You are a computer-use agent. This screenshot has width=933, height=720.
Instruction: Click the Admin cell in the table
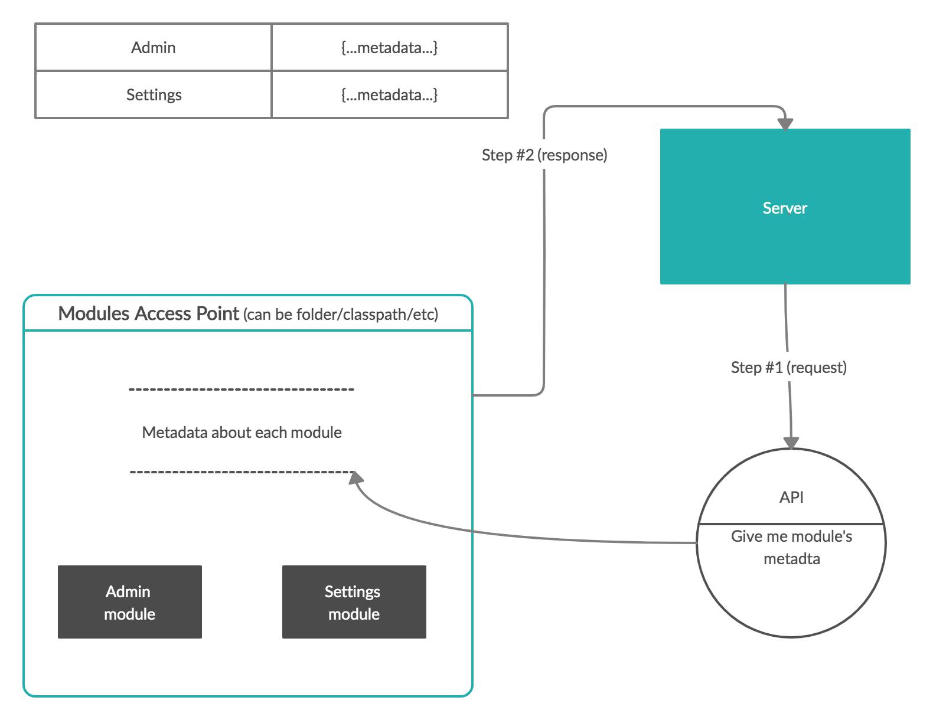pyautogui.click(x=154, y=48)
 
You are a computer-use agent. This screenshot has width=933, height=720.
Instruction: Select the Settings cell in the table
pyautogui.click(x=154, y=95)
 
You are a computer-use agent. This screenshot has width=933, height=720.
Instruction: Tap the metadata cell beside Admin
pyautogui.click(x=389, y=48)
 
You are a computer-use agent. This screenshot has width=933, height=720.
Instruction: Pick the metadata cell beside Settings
pyautogui.click(x=389, y=95)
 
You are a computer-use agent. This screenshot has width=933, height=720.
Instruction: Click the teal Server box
pyautogui.click(x=785, y=207)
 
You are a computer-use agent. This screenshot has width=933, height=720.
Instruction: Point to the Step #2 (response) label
pyautogui.click(x=544, y=155)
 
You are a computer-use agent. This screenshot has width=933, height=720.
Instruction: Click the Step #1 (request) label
pyautogui.click(x=789, y=368)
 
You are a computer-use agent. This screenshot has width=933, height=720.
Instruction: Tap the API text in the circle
pyautogui.click(x=791, y=498)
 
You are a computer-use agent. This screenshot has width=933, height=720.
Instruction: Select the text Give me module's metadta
pyautogui.click(x=791, y=547)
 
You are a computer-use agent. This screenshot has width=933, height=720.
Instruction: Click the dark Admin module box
pyautogui.click(x=130, y=602)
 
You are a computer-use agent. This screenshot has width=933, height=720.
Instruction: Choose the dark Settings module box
pyautogui.click(x=354, y=602)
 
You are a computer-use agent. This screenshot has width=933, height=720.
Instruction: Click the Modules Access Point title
pyautogui.click(x=148, y=313)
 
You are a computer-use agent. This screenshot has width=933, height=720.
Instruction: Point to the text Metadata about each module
pyautogui.click(x=242, y=433)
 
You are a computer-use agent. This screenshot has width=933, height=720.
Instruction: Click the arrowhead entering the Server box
pyautogui.click(x=785, y=123)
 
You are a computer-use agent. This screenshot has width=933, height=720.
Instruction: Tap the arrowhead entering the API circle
pyautogui.click(x=791, y=443)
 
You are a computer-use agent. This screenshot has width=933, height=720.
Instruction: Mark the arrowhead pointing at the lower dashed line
pyautogui.click(x=356, y=477)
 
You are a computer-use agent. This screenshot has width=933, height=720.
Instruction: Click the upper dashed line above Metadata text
pyautogui.click(x=241, y=390)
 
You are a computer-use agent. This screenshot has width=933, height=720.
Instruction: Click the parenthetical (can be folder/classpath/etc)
pyautogui.click(x=341, y=315)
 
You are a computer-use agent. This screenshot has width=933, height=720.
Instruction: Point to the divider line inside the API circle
pyautogui.click(x=791, y=523)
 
